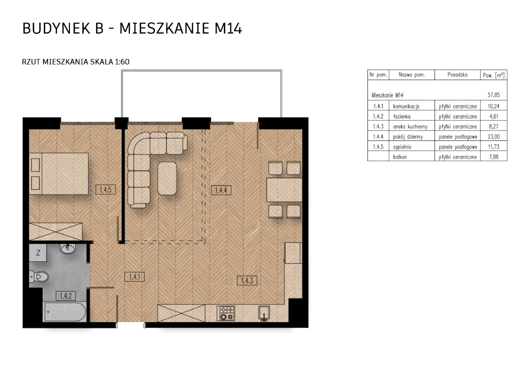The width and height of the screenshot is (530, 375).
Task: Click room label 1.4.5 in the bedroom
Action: [x=105, y=190]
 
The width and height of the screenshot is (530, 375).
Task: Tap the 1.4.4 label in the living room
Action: [x=221, y=190]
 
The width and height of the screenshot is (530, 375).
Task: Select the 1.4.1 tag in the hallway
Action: [x=134, y=277]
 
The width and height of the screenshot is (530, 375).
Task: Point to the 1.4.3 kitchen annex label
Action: [x=247, y=281]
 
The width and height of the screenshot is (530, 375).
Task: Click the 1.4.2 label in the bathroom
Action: [x=66, y=296]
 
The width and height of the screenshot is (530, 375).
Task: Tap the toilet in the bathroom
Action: [x=39, y=277]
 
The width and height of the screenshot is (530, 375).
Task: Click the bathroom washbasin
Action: [x=68, y=249]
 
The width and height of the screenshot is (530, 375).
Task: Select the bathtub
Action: [x=65, y=312]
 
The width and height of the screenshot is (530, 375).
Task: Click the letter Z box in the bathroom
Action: [x=38, y=253]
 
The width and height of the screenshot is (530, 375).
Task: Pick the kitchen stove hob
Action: [x=226, y=314]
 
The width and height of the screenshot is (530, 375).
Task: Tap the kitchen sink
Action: [x=264, y=314]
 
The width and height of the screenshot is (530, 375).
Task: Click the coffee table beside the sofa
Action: [x=167, y=178]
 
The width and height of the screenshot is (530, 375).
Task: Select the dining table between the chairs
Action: [x=284, y=190]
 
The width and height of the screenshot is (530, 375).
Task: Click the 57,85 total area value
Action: [x=494, y=95]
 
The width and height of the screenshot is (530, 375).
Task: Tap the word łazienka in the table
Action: [x=402, y=117]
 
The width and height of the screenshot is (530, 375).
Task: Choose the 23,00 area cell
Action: [x=494, y=137]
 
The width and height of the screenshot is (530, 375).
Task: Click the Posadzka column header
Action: [x=458, y=75]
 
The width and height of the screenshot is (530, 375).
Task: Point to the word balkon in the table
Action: [x=400, y=157]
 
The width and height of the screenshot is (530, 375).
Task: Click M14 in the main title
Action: [x=228, y=29]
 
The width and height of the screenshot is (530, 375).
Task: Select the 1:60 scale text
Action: [x=122, y=62]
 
